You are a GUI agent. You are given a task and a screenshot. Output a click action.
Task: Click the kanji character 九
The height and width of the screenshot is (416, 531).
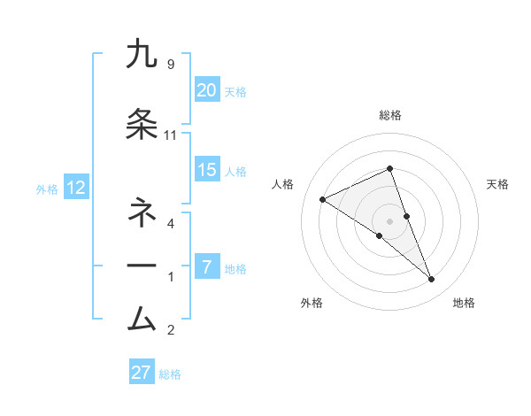[x=142, y=54]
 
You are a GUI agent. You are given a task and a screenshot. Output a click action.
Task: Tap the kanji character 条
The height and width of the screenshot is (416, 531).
[x=142, y=126]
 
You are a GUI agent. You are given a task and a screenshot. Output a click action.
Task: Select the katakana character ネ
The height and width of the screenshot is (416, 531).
[x=142, y=213]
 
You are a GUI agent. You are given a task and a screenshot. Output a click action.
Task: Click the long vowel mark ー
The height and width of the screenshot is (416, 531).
[x=142, y=266]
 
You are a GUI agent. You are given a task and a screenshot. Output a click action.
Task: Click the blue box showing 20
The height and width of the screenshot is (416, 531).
[x=207, y=90]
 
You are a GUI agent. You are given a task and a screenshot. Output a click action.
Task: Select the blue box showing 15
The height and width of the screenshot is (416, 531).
[x=207, y=170]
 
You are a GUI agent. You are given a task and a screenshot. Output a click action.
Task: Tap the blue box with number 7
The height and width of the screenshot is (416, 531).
[x=207, y=267]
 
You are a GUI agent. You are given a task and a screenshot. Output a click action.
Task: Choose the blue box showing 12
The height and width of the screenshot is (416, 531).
[x=75, y=188]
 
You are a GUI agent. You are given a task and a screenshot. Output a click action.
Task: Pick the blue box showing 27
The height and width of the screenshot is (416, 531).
[x=142, y=373]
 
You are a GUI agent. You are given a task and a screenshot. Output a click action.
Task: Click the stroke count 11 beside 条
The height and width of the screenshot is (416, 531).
[x=171, y=135]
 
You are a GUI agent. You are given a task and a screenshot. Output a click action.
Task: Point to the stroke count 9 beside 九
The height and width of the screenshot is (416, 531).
[x=170, y=65]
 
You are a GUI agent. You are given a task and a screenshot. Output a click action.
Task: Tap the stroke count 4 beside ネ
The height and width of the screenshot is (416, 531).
[x=170, y=224]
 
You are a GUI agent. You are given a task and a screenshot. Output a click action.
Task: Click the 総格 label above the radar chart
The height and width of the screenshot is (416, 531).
[x=390, y=116]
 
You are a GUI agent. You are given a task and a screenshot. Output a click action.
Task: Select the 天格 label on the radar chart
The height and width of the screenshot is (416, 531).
[x=498, y=184]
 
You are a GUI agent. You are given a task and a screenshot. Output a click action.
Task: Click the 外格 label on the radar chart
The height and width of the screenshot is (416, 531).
[x=312, y=304]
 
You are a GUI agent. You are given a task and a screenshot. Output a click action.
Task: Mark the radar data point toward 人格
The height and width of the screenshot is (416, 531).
[x=323, y=199]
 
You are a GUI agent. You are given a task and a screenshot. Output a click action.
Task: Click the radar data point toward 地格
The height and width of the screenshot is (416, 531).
[x=432, y=280]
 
